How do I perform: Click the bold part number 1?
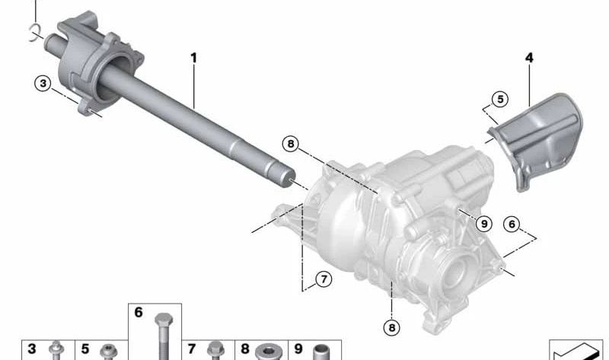pos(193,59)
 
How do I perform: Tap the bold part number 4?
pos(529,58)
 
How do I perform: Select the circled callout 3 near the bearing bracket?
pos(43,83)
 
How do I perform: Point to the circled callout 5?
pos(500,100)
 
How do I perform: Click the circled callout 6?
pos(512,224)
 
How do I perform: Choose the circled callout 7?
pos(324,279)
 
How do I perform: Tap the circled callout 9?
pos(484,224)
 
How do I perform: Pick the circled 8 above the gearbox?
pos(291,144)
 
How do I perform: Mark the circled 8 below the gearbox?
pos(391,328)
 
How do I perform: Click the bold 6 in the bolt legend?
pos(139,312)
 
